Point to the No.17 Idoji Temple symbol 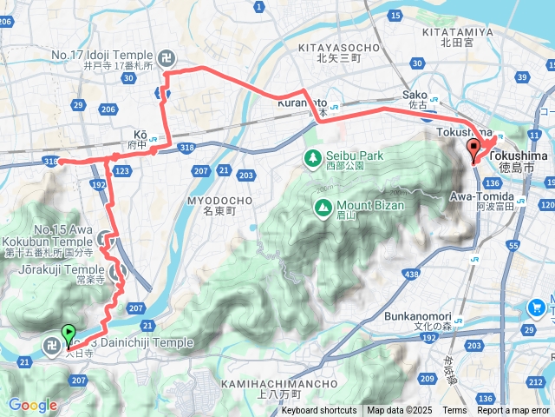[167, 59]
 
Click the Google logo [32, 405]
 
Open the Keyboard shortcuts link [318, 411]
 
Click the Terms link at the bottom [454, 411]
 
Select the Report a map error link [513, 411]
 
